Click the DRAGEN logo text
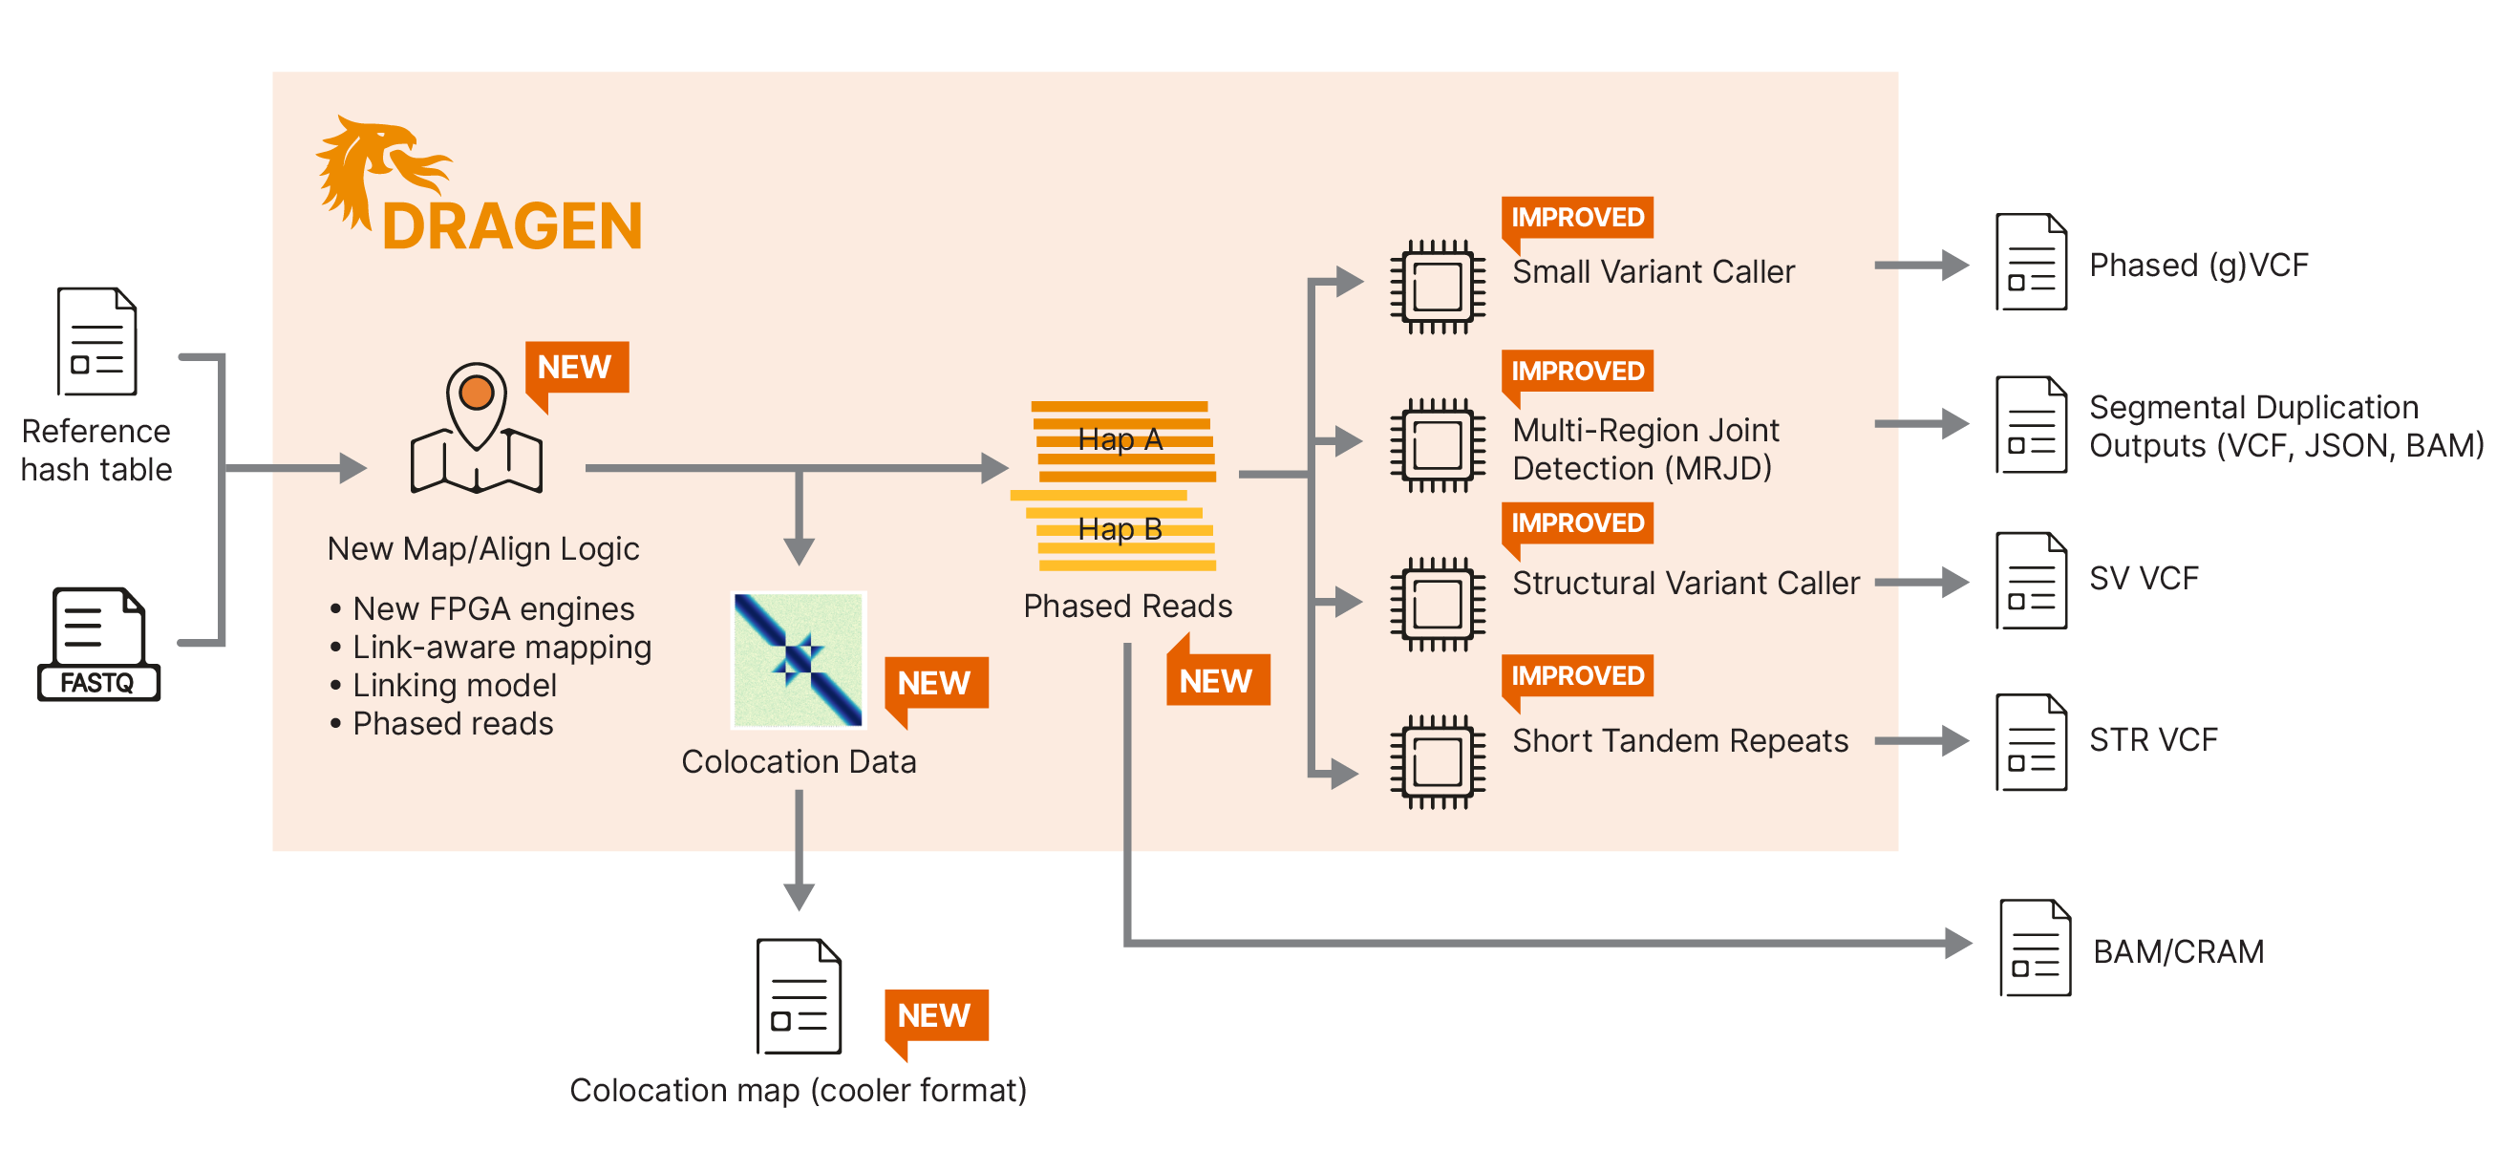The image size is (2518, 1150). coord(512,226)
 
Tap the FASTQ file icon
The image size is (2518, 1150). coord(98,644)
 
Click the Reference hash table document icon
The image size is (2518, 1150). coord(96,341)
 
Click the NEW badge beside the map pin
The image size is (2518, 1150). coord(576,368)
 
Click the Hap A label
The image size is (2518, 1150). coord(1120,439)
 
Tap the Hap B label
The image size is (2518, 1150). coord(1120,529)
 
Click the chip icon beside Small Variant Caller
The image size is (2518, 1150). coord(1437,287)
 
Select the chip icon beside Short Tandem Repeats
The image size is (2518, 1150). coord(1437,761)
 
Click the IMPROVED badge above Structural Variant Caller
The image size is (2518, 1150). coord(1577,523)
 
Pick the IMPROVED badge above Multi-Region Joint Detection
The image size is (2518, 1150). coord(1577,372)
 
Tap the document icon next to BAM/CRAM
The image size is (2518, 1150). coord(2034,948)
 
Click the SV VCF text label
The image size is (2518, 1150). coord(2144,579)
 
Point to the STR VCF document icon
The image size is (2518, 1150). coord(2030,742)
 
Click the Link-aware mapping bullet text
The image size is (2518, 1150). coord(501,647)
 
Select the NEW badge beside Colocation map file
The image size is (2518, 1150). coord(934,1016)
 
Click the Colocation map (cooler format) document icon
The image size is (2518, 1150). coord(799,996)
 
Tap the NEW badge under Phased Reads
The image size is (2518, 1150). coord(1216,680)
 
